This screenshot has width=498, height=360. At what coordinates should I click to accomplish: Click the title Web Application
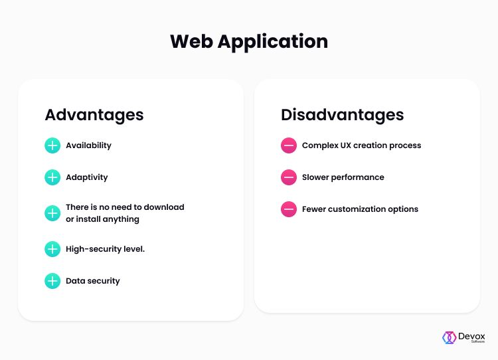tap(249, 41)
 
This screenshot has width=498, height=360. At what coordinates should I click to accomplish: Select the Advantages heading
tap(94, 114)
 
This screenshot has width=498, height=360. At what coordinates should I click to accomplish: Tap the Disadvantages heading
tap(342, 114)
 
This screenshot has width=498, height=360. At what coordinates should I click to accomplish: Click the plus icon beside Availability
tap(52, 145)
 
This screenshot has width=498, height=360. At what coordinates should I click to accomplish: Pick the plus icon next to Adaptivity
tap(52, 177)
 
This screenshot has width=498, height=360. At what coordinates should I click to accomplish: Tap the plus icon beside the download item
tap(52, 213)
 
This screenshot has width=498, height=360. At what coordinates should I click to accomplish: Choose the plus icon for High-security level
tap(52, 249)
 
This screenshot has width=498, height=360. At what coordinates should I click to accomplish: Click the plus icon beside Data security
tap(52, 281)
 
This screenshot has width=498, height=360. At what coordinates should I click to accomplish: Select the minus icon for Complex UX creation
tap(289, 145)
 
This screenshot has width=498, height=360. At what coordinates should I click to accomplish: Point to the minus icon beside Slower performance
tap(289, 177)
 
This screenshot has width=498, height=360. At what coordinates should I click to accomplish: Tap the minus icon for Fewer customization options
tap(289, 209)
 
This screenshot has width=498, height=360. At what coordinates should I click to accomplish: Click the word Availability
tap(88, 145)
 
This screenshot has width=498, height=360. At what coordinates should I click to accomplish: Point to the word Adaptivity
tap(87, 177)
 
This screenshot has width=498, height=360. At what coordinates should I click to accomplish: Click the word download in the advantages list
tap(163, 207)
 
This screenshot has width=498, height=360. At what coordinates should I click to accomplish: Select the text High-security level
tap(105, 249)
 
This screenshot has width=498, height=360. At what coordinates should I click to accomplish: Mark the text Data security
tap(93, 281)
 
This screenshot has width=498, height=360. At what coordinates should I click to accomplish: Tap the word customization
tap(361, 209)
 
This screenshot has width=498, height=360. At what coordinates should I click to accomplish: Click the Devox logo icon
tap(450, 337)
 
